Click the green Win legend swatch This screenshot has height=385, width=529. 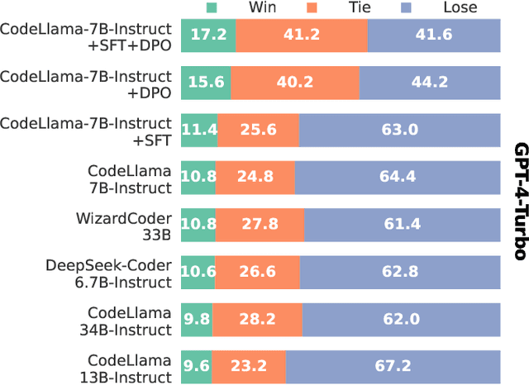[211, 8]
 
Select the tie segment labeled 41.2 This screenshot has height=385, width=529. [302, 35]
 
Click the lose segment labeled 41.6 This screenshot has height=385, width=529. [434, 35]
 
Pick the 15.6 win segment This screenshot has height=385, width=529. [206, 82]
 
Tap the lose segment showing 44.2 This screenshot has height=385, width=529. [430, 82]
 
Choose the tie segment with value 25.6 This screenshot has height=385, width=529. [258, 130]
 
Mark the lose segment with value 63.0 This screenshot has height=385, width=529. [400, 130]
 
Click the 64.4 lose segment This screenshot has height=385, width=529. [398, 178]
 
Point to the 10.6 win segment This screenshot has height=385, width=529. [197, 273]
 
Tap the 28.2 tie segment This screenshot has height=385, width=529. [258, 320]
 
